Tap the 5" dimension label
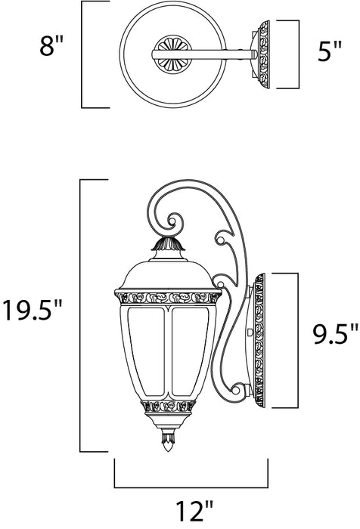(x=326, y=55)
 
